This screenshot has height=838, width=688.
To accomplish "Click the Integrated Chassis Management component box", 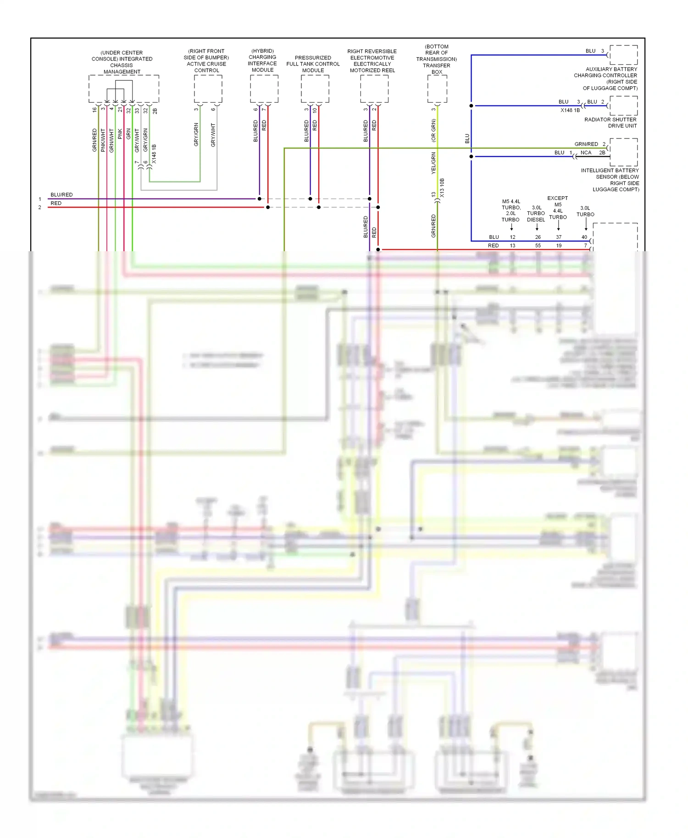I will [x=123, y=89].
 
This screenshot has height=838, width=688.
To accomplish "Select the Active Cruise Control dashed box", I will [x=208, y=89].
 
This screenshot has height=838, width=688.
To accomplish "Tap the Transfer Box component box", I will [x=437, y=89].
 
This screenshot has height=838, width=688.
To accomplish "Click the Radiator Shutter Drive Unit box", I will [x=623, y=105].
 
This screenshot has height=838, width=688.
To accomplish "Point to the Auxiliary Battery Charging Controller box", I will [x=623, y=55].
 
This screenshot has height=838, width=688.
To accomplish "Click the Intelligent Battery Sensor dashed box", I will [x=623, y=152].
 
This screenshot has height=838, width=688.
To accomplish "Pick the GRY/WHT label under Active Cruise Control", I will [x=213, y=135].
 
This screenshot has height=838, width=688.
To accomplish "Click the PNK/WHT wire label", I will [x=103, y=140].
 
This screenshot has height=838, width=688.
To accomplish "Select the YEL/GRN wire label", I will [x=433, y=163].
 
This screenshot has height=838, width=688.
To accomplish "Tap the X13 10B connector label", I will [x=442, y=188].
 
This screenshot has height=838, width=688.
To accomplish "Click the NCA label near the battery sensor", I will [x=586, y=153].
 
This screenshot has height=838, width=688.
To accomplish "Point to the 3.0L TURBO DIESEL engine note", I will [x=536, y=214].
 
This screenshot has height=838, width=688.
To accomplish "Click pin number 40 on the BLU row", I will [x=584, y=237].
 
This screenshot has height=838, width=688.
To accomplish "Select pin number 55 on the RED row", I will [x=538, y=246].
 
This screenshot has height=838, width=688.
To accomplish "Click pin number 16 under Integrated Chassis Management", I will [x=94, y=110].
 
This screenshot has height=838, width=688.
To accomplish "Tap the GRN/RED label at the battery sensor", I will [x=586, y=144].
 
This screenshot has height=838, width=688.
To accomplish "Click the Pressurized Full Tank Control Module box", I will [x=315, y=89].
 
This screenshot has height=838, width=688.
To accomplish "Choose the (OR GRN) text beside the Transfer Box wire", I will [x=433, y=131].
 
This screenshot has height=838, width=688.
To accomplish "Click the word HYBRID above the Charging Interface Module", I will [x=262, y=51].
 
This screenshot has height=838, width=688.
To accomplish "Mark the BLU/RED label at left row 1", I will [x=61, y=195].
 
